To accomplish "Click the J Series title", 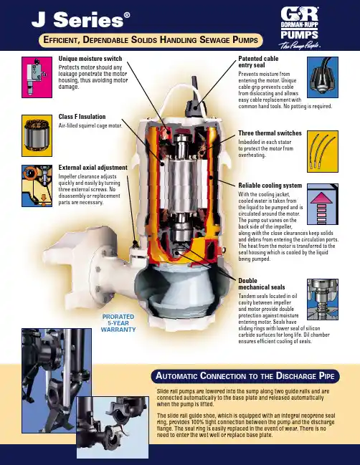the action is [x=81, y=20].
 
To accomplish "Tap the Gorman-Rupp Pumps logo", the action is [x=300, y=27].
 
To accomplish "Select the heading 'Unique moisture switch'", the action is [x=90, y=59].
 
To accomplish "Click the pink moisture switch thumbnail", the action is [x=37, y=77].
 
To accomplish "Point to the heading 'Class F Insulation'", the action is [x=82, y=117].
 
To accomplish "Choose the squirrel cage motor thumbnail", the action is [x=37, y=136].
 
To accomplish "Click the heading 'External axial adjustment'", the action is [x=93, y=168].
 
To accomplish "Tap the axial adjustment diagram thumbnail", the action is [x=37, y=186].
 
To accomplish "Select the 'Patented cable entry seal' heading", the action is [x=258, y=62].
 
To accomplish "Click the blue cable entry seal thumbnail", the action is [x=323, y=77].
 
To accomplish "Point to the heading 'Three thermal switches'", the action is [x=270, y=133].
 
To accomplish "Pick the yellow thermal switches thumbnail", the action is [x=323, y=152].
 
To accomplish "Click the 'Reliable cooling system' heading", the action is [x=270, y=186].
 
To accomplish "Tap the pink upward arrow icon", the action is [x=322, y=206].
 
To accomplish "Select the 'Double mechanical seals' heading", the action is [x=262, y=284].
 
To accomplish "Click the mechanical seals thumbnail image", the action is [x=323, y=299].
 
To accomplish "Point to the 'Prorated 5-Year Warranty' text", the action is [x=118, y=323].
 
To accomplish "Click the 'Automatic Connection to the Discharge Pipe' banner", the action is [x=245, y=376].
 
